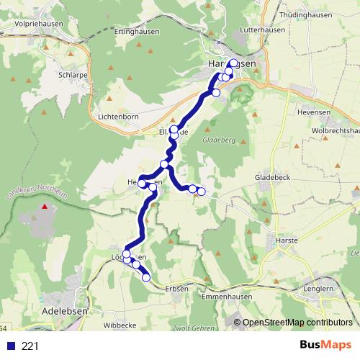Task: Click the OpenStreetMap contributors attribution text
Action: (297, 322)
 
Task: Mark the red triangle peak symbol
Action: (45, 207)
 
